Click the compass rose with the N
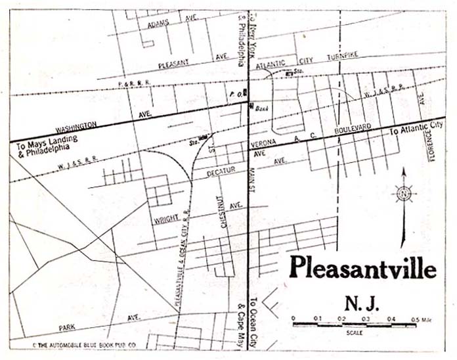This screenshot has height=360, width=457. pos(403,194)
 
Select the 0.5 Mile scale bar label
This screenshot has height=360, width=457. pos(420,319)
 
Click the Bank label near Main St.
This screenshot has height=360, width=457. pos(261,107)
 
